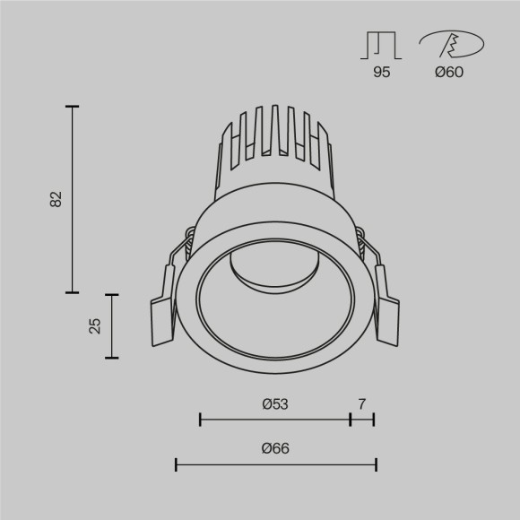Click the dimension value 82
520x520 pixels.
click(x=56, y=199)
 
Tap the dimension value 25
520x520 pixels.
click(x=95, y=325)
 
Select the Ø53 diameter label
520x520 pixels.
click(x=275, y=404)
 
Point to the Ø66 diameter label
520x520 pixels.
click(x=275, y=449)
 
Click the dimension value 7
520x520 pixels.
click(x=362, y=404)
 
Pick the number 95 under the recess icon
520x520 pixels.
click(x=382, y=73)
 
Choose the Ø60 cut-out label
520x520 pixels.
click(x=448, y=73)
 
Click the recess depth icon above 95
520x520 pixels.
click(x=382, y=44)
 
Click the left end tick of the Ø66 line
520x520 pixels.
click(x=176, y=464)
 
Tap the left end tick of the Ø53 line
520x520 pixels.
click(x=200, y=419)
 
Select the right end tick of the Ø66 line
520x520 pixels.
click(x=376, y=464)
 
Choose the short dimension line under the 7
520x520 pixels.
click(x=362, y=419)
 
